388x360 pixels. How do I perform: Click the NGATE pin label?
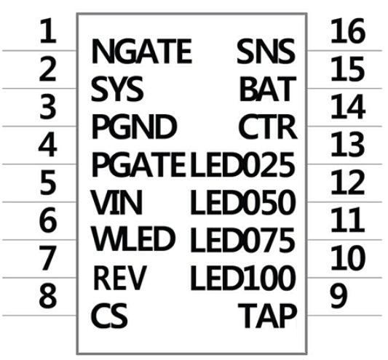click(x=141, y=52)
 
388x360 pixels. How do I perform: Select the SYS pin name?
click(x=117, y=89)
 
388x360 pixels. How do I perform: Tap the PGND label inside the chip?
click(x=134, y=127)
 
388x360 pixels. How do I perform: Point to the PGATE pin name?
click(x=139, y=164)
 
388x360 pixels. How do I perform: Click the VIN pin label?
click(x=116, y=202)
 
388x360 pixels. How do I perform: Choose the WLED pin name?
click(x=133, y=239)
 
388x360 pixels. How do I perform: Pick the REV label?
click(x=120, y=277)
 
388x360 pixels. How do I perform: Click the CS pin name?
click(x=109, y=315)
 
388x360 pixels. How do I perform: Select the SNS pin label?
click(x=266, y=52)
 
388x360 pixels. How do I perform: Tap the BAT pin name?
click(x=268, y=89)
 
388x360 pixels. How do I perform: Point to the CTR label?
click(x=267, y=127)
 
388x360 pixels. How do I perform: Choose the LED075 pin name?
click(x=242, y=239)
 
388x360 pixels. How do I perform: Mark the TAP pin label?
click(x=267, y=316)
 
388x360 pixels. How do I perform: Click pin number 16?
click(x=348, y=31)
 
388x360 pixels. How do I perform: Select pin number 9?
click(x=338, y=296)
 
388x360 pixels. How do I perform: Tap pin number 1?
click(x=48, y=31)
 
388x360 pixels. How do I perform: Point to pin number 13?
click(x=348, y=144)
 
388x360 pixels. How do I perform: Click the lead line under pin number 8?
click(x=39, y=315)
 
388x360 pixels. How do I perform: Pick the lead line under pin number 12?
click(x=344, y=201)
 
